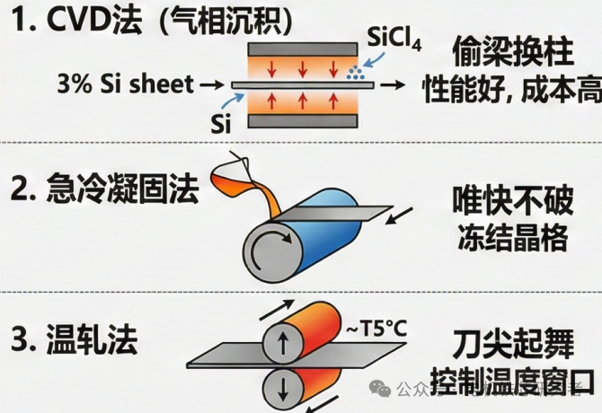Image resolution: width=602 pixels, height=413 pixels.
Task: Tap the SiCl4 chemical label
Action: (394, 40)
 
